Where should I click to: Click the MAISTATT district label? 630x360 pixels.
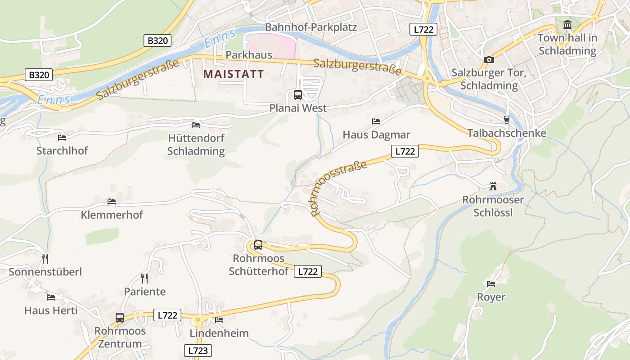point(234,74)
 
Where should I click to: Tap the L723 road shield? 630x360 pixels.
point(198,351)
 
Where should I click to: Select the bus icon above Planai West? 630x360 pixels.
point(298,95)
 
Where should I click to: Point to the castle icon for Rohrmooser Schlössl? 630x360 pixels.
point(493,186)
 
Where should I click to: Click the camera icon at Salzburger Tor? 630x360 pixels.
point(489,59)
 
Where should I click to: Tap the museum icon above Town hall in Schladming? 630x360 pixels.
point(567,24)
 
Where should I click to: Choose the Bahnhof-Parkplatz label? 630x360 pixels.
point(310,27)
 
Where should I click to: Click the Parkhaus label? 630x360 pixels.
point(249,55)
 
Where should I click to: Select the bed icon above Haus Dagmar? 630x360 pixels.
point(376,121)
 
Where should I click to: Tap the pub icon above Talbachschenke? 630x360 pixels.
point(507,120)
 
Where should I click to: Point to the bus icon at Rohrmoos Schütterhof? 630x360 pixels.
point(258,245)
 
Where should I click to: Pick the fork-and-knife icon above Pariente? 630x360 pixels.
point(144,278)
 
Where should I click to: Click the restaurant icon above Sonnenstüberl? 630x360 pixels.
point(45,258)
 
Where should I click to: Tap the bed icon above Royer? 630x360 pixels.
point(491,284)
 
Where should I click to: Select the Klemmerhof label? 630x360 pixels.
point(112,215)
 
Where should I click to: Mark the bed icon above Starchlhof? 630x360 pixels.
point(62,137)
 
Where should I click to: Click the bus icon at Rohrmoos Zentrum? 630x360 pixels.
point(120,318)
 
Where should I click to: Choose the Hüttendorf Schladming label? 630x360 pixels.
point(196,144)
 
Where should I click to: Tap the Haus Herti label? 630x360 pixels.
point(51,310)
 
